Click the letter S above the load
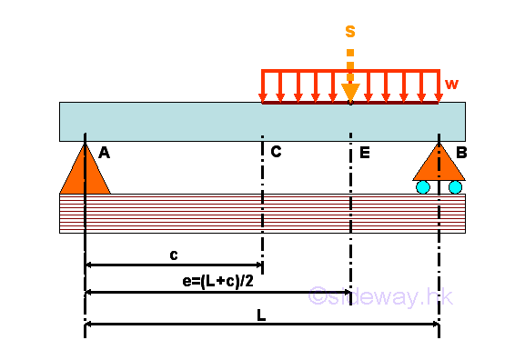click(x=350, y=31)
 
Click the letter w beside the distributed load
click(x=450, y=85)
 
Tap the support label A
click(x=104, y=154)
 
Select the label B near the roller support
click(x=461, y=153)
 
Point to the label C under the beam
click(x=276, y=152)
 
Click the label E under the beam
click(x=364, y=153)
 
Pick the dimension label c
click(x=174, y=255)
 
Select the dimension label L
click(x=261, y=315)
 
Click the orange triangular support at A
click(x=85, y=175)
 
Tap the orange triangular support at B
click(x=439, y=165)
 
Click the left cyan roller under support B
click(x=424, y=187)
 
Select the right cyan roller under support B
click(x=455, y=187)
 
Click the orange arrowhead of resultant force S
click(x=350, y=92)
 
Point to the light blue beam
click(x=182, y=121)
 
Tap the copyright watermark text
click(x=381, y=296)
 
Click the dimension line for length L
click(x=182, y=324)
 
